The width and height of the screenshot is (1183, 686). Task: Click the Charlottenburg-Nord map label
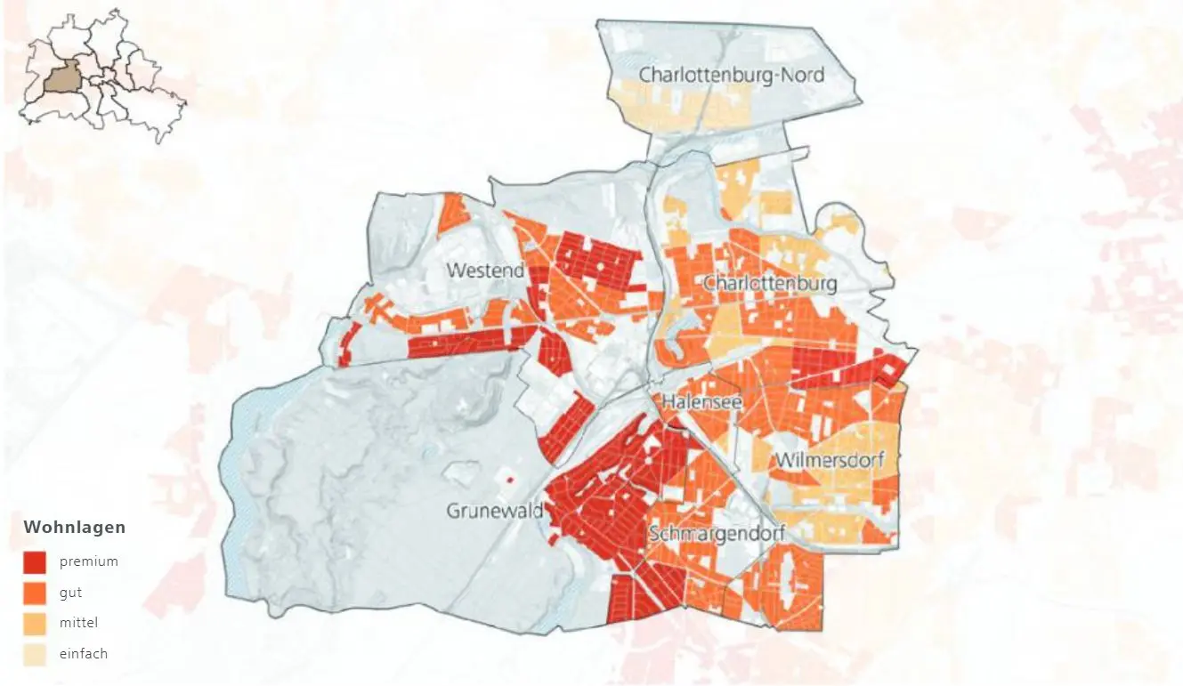click(x=732, y=75)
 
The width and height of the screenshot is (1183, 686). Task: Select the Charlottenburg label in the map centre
click(x=770, y=284)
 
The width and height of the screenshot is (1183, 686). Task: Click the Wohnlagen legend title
click(x=75, y=528)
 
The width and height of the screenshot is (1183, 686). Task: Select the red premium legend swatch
click(x=35, y=561)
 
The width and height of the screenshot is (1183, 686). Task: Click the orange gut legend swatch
click(x=35, y=593)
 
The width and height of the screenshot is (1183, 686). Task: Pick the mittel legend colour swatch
click(x=35, y=623)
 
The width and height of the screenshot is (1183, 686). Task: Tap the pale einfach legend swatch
click(x=35, y=654)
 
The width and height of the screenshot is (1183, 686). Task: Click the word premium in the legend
click(x=89, y=561)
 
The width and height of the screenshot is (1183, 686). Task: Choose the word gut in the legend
click(x=71, y=593)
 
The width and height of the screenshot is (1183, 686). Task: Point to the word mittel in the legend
click(x=78, y=623)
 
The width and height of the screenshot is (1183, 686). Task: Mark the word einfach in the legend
click(x=84, y=654)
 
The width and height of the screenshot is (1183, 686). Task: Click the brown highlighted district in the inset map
click(x=62, y=78)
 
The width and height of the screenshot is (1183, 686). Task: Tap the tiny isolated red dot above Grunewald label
click(x=510, y=480)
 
